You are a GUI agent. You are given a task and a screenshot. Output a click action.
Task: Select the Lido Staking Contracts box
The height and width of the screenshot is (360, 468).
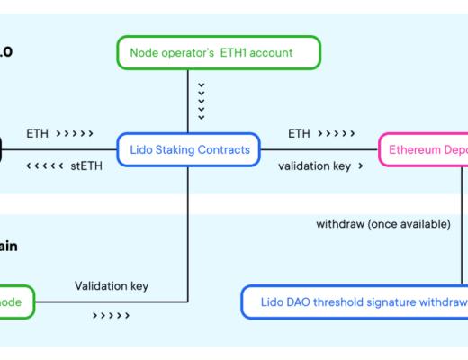(187, 150)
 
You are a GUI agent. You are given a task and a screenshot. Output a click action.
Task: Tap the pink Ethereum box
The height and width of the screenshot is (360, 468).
(423, 150)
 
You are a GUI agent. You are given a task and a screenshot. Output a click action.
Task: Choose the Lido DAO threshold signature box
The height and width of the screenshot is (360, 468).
(355, 301)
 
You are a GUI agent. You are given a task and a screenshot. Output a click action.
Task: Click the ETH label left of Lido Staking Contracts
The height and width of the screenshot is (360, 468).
(38, 133)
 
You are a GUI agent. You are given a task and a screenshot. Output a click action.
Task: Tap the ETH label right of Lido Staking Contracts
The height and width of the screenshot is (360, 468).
(300, 133)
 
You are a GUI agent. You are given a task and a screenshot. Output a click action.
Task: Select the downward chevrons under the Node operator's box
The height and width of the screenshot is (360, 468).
(201, 100)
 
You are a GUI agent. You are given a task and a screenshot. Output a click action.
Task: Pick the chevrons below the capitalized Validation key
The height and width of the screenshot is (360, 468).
(110, 316)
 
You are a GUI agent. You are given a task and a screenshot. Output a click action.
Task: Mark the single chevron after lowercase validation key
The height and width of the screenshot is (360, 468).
(360, 166)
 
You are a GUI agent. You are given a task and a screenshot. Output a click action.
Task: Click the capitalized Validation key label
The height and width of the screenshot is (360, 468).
(112, 286)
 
